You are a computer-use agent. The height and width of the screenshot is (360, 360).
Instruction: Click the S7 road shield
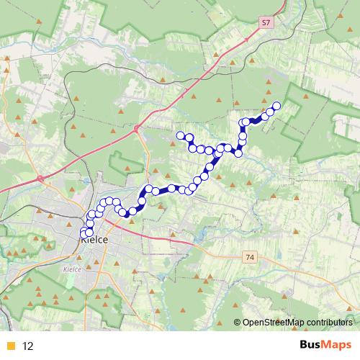click(x=266, y=23)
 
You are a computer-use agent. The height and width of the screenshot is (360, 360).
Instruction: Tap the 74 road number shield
click(x=250, y=256)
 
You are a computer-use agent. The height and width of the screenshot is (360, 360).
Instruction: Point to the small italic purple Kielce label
click(x=73, y=269)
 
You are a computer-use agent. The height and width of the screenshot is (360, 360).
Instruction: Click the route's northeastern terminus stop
click(x=276, y=107)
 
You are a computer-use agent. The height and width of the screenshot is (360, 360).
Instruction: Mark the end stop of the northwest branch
click(x=180, y=135)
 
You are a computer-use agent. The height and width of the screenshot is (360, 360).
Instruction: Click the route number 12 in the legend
click(x=28, y=346)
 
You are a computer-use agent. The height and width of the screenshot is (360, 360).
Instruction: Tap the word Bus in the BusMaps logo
click(x=311, y=346)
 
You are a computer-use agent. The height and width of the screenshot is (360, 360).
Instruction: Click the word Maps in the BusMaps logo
click(x=337, y=346)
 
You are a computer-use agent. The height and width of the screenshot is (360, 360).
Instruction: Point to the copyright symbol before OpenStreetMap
click(x=237, y=323)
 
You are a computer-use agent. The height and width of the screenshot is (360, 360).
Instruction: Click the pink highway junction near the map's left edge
click(x=41, y=176)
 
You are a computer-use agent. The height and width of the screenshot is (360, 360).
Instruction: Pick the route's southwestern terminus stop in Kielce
click(x=84, y=233)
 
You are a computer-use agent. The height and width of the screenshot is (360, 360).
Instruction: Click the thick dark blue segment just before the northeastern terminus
click(x=258, y=119)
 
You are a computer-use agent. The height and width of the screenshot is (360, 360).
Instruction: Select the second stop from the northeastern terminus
click(x=271, y=111)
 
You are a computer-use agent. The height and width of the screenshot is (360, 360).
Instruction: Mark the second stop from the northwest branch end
click(x=189, y=137)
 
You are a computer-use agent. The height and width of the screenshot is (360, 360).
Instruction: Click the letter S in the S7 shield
click(x=264, y=23)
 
